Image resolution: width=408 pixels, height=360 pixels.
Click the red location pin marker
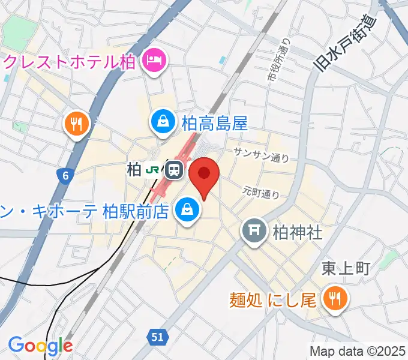click(x=204, y=175)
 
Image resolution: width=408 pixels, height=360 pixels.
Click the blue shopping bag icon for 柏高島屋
click(x=163, y=124)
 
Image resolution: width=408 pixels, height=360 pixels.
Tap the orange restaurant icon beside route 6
click(x=77, y=124)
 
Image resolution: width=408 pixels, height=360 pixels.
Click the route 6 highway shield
click(x=64, y=175)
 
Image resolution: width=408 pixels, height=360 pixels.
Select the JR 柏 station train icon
click(x=175, y=170)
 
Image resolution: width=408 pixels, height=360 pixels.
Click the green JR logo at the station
click(x=154, y=170)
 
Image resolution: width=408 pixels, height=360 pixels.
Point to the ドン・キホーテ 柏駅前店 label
click(x=84, y=211)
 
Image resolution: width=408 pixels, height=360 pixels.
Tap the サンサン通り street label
click(x=261, y=155)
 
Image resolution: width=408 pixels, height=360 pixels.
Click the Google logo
click(x=40, y=346)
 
